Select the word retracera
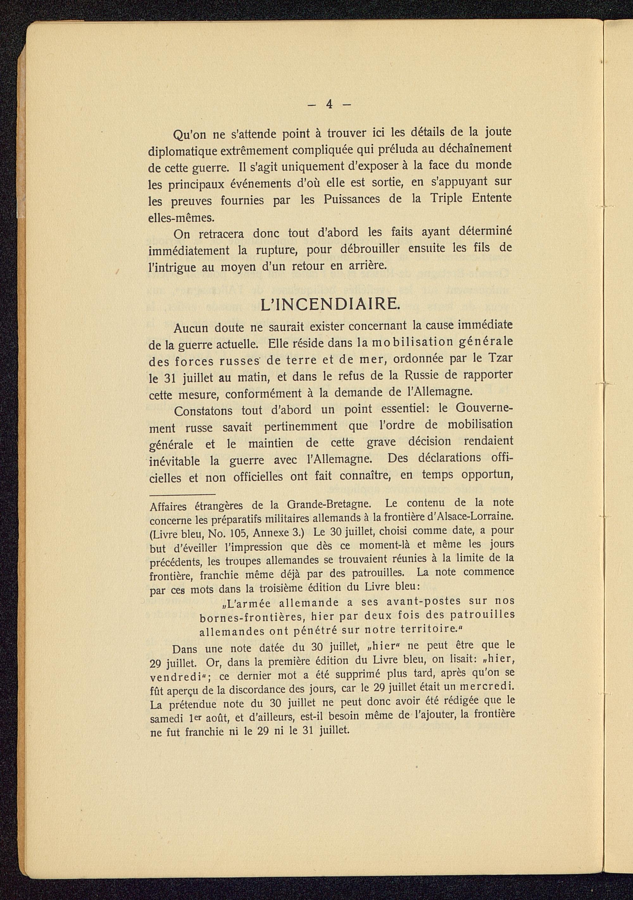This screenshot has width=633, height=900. click(x=221, y=234)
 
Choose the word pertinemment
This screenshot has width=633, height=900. click(x=301, y=427)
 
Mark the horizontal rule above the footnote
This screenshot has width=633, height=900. click(x=182, y=495)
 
